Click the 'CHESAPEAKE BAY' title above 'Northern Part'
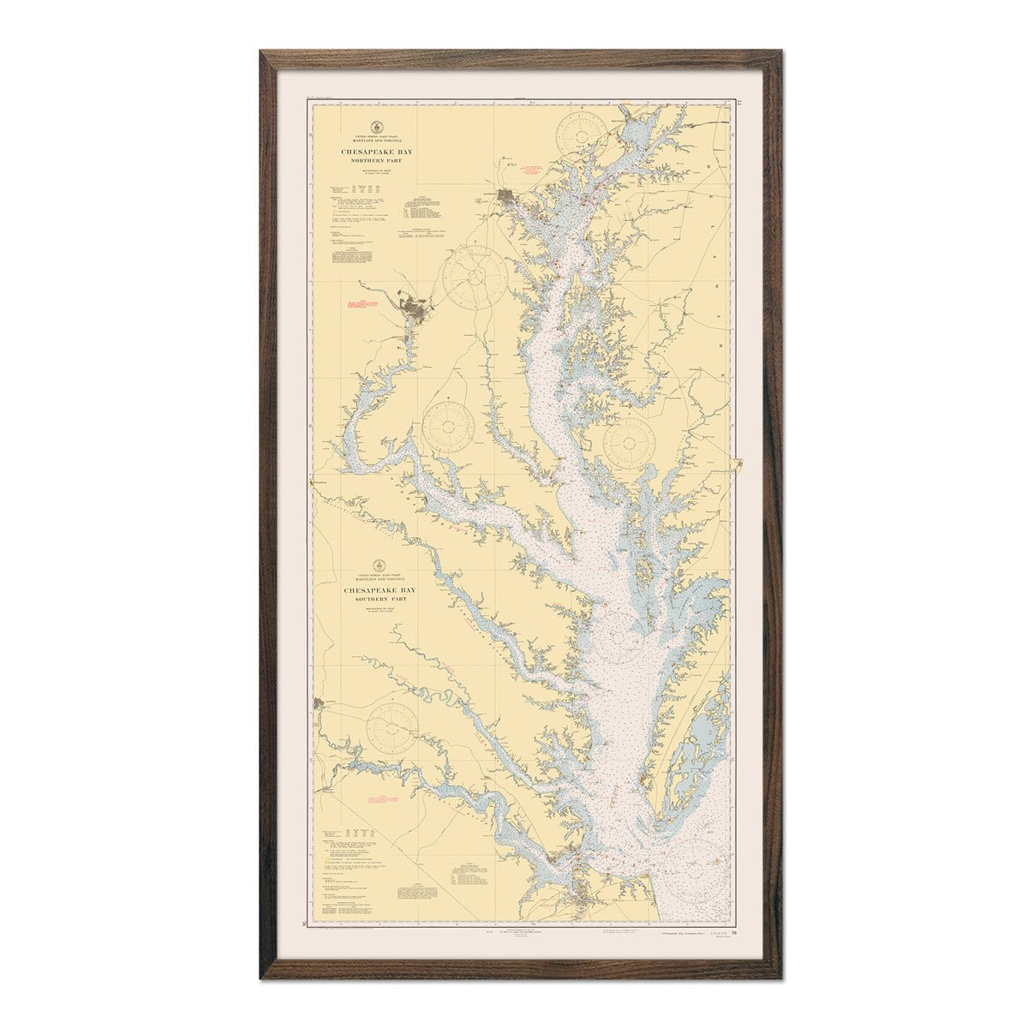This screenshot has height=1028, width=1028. [377, 152]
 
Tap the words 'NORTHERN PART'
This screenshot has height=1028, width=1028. [377, 160]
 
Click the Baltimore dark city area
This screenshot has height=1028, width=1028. [506, 200]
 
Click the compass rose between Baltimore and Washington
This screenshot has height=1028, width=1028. [474, 278]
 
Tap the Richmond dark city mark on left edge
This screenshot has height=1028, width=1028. [320, 703]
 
